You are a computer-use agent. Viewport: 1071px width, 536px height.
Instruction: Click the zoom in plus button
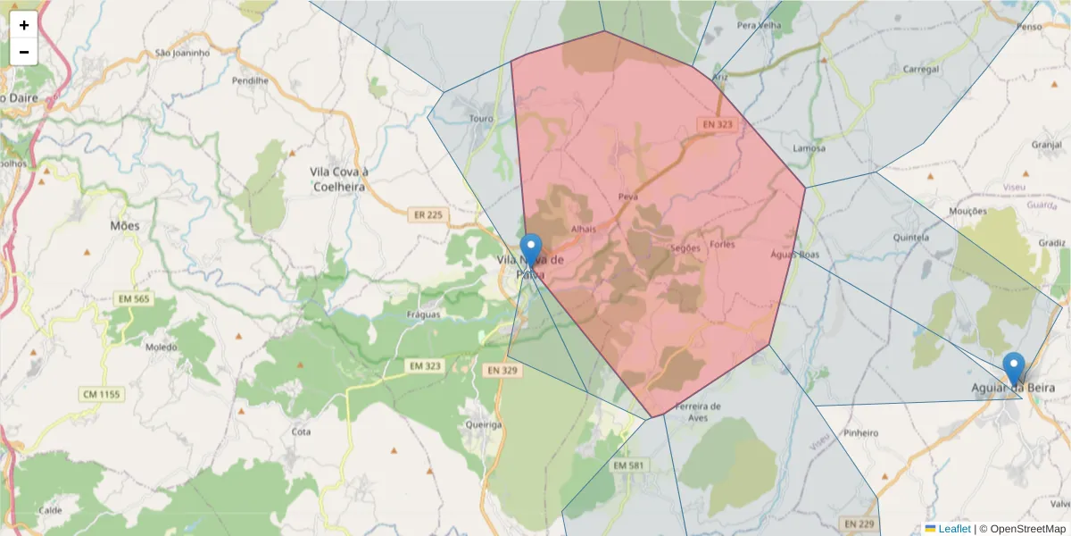[24, 25]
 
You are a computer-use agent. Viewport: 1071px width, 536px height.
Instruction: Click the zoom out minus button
[24, 52]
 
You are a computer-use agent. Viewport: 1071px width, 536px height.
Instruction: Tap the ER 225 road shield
[428, 215]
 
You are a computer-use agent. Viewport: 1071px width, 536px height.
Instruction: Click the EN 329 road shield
[502, 369]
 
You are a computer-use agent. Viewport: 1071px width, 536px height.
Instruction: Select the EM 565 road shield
[132, 298]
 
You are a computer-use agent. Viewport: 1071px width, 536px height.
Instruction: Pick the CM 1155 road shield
[102, 394]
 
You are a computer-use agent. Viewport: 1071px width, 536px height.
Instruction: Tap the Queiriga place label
[483, 425]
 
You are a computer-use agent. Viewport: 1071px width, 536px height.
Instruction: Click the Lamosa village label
[809, 148]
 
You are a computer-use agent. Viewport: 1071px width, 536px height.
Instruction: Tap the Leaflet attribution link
[953, 529]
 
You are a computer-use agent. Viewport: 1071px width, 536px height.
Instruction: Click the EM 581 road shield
[629, 465]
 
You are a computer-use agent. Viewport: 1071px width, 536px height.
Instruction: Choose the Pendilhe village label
[250, 80]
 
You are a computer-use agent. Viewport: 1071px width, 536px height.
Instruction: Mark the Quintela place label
[912, 238]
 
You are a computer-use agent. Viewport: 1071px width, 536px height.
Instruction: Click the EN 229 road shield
[859, 523]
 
